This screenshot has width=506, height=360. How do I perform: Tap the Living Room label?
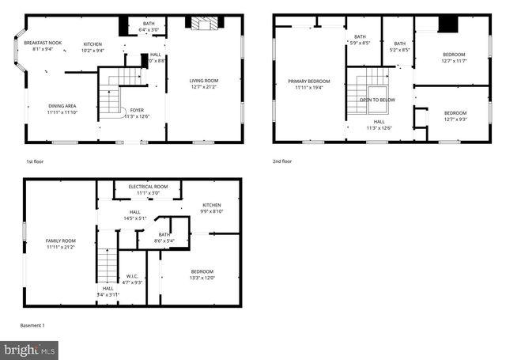[x=203, y=80]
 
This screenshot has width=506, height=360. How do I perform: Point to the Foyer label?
[x=136, y=109]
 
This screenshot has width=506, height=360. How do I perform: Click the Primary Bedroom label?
[x=308, y=81]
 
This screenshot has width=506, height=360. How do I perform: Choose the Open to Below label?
[x=377, y=100]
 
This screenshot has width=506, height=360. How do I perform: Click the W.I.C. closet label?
[x=132, y=276]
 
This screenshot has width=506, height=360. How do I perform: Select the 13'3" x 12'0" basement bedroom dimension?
[x=202, y=278]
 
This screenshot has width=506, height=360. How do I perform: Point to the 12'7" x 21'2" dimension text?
[x=203, y=86]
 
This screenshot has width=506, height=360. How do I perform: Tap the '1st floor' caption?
[x=34, y=161]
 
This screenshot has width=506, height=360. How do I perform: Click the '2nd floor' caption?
[x=282, y=161]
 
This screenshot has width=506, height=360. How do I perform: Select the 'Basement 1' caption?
[x=32, y=325]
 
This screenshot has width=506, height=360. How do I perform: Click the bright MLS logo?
[x=30, y=348]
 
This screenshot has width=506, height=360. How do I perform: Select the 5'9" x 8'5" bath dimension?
[x=360, y=43]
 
